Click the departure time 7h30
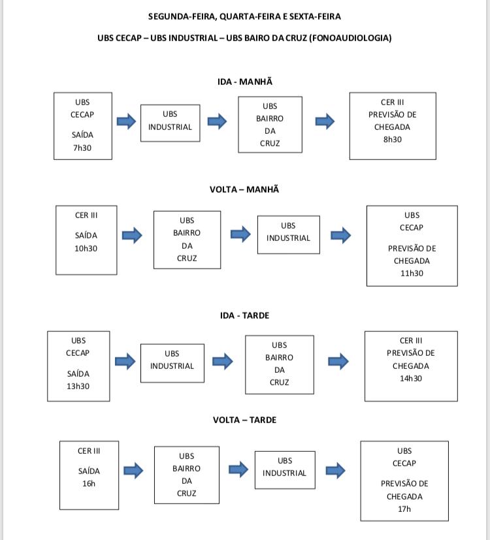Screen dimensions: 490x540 point(82,148)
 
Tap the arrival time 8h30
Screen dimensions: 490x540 point(393,140)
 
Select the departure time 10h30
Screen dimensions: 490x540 point(86,248)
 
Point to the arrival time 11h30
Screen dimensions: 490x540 point(412,273)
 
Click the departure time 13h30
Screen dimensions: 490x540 point(78,386)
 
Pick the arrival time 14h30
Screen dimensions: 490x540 point(411,378)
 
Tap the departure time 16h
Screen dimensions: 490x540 point(89,484)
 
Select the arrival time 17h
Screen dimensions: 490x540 point(404,509)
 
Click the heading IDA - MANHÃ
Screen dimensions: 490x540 point(245,82)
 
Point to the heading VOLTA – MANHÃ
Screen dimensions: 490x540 point(244,189)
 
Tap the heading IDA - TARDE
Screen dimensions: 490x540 point(244,315)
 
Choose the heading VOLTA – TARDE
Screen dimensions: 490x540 point(244,420)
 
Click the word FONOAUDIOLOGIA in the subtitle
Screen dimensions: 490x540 point(350,38)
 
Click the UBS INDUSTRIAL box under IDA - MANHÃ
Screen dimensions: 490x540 point(171,123)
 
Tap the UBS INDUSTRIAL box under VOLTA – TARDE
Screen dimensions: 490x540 point(285,469)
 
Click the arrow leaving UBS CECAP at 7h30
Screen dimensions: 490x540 point(127,121)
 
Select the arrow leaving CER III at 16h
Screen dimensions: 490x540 point(133,470)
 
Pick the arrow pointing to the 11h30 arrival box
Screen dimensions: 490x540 point(341,236)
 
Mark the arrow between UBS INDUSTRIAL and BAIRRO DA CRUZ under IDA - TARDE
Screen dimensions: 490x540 point(223,361)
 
